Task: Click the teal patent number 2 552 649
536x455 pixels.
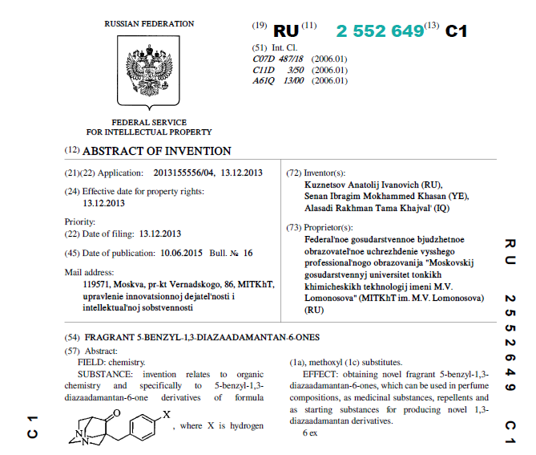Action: click(x=380, y=31)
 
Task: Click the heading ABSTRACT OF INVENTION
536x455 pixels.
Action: click(x=157, y=151)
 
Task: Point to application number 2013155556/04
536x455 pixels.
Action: click(x=186, y=173)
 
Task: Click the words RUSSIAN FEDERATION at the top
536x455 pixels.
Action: click(x=149, y=23)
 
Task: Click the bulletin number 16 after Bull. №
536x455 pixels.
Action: click(x=248, y=253)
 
